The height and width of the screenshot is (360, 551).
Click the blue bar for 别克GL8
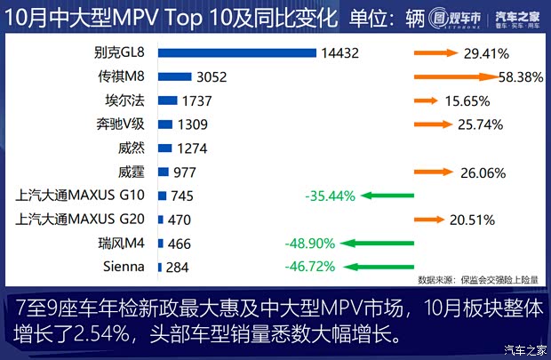coord(236,53)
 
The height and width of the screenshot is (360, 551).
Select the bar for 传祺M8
coord(174,77)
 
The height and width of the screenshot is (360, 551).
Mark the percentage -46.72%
coord(309,266)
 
